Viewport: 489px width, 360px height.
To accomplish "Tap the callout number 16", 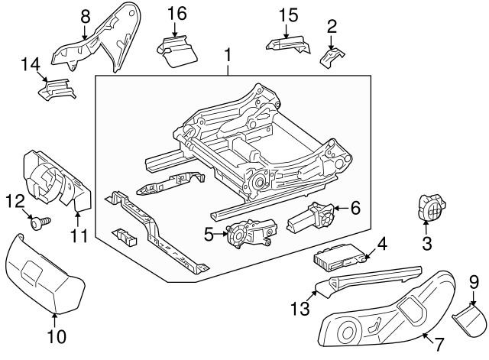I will (x=176, y=13).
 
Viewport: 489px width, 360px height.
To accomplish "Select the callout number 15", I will (x=287, y=14).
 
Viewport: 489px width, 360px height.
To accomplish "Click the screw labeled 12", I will (x=39, y=222).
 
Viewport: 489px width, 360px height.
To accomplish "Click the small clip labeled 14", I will (x=56, y=89).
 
